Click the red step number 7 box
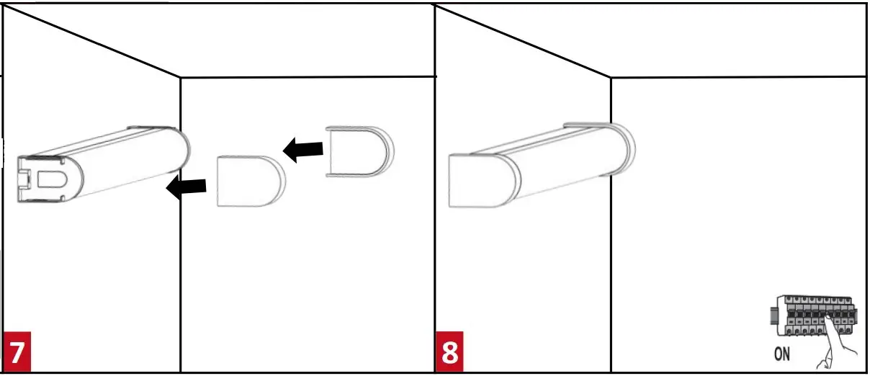(x=17, y=352)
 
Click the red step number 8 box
(x=449, y=352)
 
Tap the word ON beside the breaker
(x=783, y=354)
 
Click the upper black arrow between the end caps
(x=302, y=150)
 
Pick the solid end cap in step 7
(x=249, y=182)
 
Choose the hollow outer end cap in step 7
(x=359, y=152)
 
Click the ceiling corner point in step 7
(x=179, y=76)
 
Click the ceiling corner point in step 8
(x=611, y=76)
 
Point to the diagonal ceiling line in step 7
(x=94, y=40)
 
